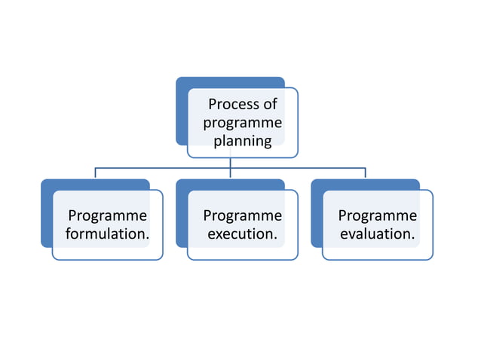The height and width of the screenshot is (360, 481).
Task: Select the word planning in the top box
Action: click(x=243, y=141)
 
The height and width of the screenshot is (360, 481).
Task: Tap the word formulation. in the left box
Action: click(x=107, y=234)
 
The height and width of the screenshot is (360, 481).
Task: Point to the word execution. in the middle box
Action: click(x=243, y=234)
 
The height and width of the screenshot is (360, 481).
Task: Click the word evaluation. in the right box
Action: click(x=378, y=234)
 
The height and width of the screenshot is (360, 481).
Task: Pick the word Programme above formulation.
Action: click(x=107, y=216)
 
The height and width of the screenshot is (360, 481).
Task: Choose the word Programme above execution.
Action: click(x=243, y=216)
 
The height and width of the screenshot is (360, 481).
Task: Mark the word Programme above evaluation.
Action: click(x=378, y=216)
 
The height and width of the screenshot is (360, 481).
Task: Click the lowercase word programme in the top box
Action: click(x=243, y=123)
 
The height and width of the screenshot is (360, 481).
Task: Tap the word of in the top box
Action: click(x=271, y=104)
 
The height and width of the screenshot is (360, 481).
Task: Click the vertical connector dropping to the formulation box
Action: click(x=95, y=173)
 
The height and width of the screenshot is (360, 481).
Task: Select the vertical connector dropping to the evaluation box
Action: click(x=366, y=173)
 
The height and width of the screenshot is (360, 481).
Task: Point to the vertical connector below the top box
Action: click(x=231, y=162)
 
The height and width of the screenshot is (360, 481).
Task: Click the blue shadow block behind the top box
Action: click(x=181, y=113)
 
